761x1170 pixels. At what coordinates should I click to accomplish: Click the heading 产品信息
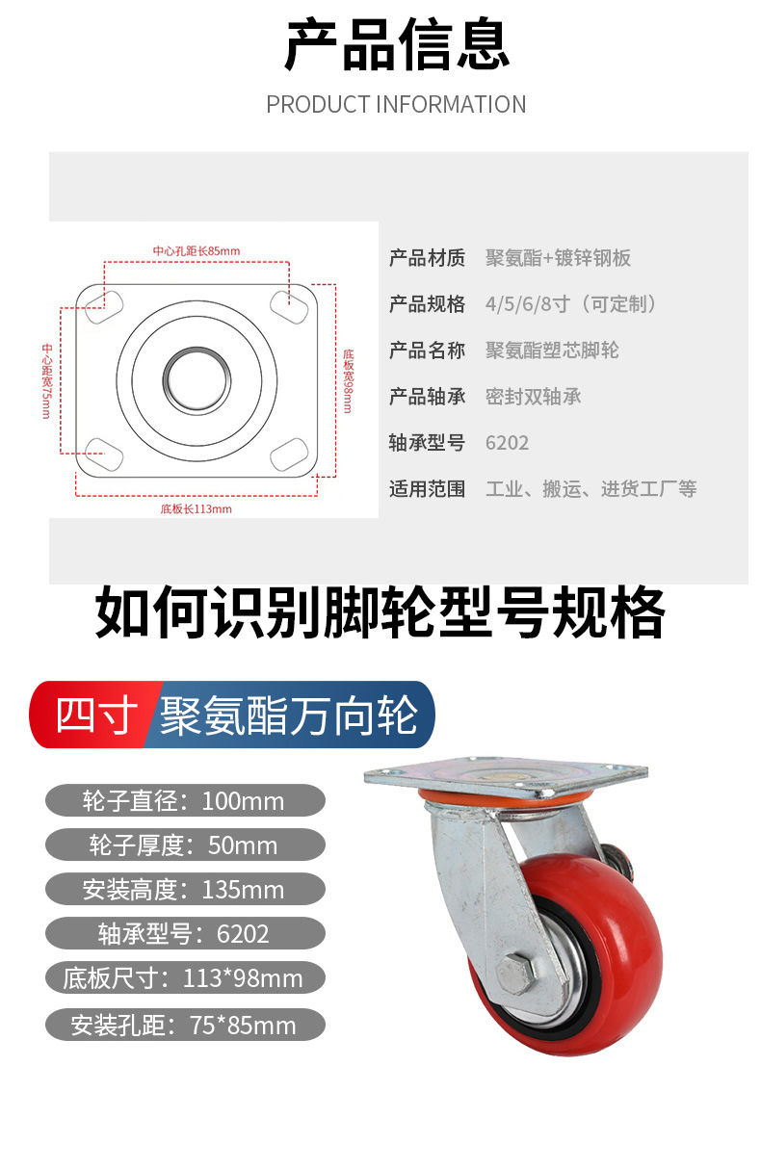click(x=396, y=46)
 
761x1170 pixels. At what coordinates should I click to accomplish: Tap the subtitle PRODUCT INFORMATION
click(x=396, y=104)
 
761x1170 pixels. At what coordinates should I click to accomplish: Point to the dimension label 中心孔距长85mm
click(x=196, y=251)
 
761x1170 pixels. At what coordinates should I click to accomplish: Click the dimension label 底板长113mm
click(x=196, y=508)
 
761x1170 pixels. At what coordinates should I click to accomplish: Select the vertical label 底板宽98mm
click(x=349, y=381)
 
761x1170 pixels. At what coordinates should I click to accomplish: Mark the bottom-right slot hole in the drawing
click(x=290, y=451)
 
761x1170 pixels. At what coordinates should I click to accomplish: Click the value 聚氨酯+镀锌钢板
click(x=558, y=258)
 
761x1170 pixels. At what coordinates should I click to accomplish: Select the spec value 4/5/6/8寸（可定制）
click(x=574, y=304)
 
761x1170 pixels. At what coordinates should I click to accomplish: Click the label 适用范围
click(x=427, y=489)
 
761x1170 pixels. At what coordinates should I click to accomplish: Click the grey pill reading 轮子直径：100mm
click(x=185, y=800)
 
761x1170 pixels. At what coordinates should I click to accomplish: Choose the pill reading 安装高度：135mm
click(x=185, y=889)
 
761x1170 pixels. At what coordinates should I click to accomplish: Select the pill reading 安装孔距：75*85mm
click(x=185, y=1026)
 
